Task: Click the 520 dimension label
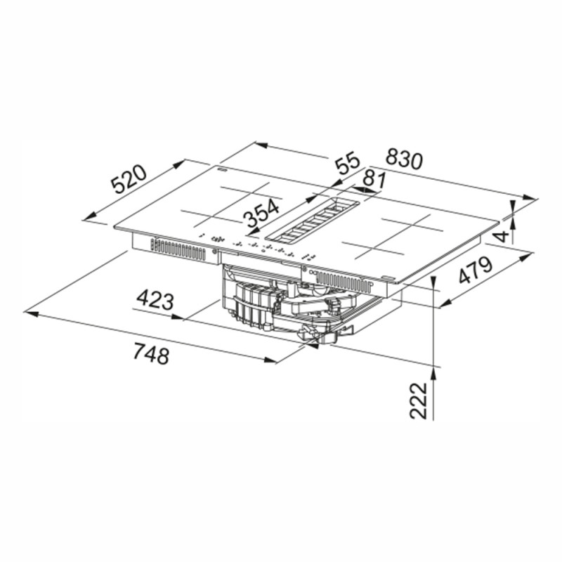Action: click(129, 179)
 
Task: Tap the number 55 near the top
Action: click(347, 163)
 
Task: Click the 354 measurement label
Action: click(261, 214)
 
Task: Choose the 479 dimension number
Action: click(476, 270)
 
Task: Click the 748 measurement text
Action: click(151, 353)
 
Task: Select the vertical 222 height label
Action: click(419, 400)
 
